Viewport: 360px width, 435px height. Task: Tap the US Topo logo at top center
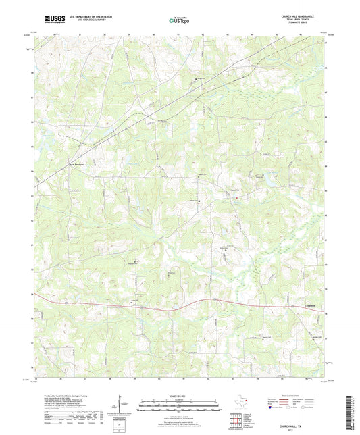point(180,21)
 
